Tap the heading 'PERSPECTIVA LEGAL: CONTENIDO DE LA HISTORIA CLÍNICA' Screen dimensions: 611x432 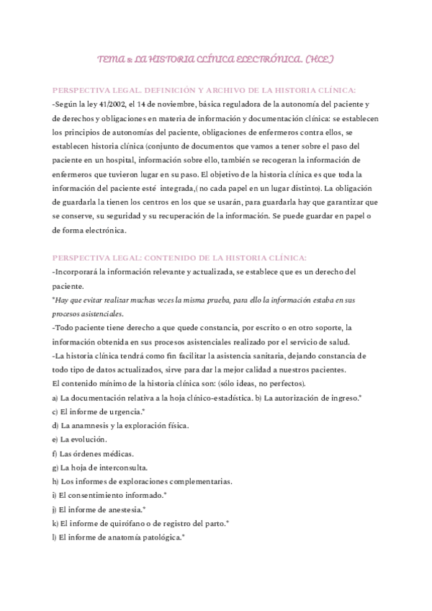click(x=180, y=258)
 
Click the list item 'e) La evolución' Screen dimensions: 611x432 click(x=79, y=439)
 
